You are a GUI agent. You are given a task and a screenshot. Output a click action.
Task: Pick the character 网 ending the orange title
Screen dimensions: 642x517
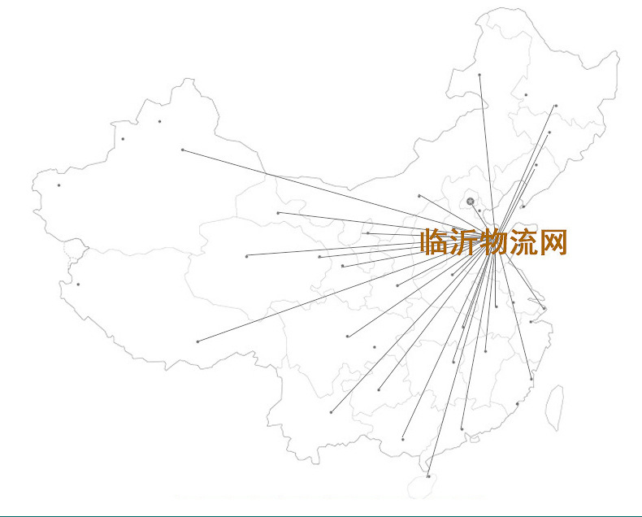point(553,242)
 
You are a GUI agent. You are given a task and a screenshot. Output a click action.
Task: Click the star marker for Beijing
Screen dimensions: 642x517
point(471,201)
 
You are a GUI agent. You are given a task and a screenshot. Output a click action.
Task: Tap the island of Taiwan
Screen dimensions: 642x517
point(553,406)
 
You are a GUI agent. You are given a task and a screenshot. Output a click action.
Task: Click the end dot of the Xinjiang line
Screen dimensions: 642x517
point(183,150)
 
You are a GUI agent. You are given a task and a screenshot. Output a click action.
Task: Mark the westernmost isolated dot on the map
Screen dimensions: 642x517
point(59,185)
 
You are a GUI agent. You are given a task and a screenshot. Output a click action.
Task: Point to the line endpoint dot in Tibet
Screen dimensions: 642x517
point(197,341)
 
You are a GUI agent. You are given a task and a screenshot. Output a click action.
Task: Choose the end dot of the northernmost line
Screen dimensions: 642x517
point(479,75)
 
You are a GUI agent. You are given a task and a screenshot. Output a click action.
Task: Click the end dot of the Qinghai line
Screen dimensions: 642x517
point(246,256)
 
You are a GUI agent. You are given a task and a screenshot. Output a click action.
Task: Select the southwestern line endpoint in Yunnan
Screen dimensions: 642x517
point(331,412)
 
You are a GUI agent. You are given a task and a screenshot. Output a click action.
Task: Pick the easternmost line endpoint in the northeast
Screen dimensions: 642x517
point(556,106)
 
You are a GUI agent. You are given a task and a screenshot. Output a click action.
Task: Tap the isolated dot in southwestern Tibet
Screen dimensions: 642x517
point(78,285)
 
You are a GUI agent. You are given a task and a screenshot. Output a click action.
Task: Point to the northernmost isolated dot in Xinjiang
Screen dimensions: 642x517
point(160,122)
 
